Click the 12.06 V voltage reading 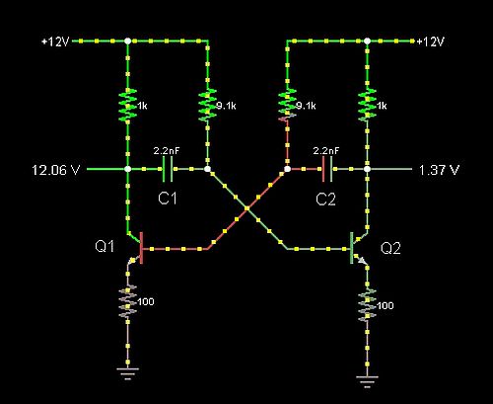click(x=56, y=170)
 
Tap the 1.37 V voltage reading click(x=439, y=170)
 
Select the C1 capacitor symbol click(x=168, y=169)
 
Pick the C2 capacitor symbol click(x=327, y=169)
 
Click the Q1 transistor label click(x=105, y=246)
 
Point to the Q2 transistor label click(x=390, y=248)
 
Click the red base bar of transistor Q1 click(x=142, y=248)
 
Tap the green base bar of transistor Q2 click(x=352, y=248)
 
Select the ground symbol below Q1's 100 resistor click(x=128, y=373)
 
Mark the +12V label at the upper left click(x=55, y=41)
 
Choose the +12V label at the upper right click(x=431, y=41)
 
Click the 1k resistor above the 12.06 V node click(x=128, y=106)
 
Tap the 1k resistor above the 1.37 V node click(x=367, y=105)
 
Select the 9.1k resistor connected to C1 click(x=208, y=105)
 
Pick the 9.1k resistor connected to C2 click(x=287, y=105)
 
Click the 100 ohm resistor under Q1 click(x=128, y=302)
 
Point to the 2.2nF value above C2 click(x=326, y=151)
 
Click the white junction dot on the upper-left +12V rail click(x=128, y=40)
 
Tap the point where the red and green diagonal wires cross click(x=247, y=208)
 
